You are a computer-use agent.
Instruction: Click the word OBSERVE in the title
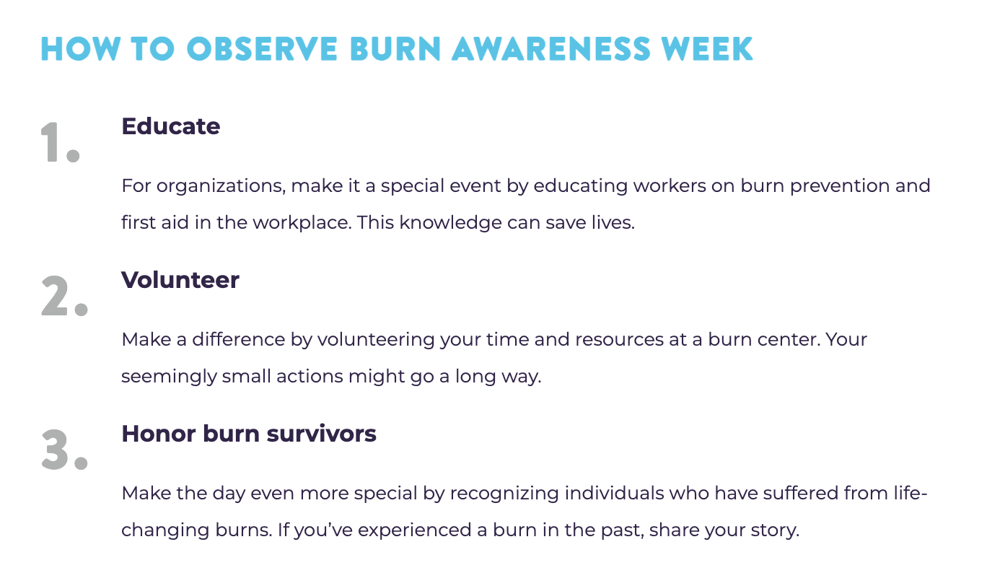(262, 48)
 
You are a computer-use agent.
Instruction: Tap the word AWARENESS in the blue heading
(551, 48)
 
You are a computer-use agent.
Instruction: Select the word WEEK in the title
(707, 48)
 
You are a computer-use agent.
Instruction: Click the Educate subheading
(171, 126)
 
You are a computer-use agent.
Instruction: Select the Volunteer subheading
(180, 280)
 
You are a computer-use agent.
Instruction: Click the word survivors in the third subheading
(322, 434)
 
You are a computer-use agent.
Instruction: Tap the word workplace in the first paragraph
(302, 223)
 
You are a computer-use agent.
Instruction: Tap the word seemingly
(169, 377)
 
